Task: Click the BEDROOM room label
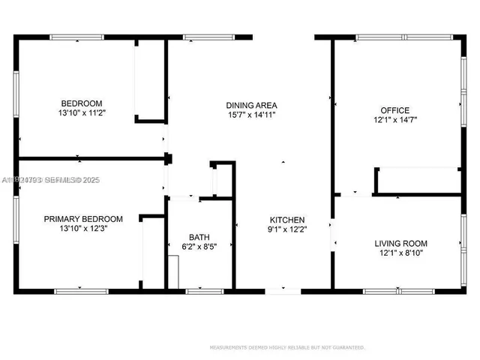coord(82,103)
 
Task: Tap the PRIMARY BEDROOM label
coord(82,219)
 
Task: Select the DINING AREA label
coord(253,105)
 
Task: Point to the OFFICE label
coord(394,110)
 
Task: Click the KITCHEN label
coord(287,220)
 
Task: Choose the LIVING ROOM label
coord(401,244)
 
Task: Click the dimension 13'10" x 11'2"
coord(82,113)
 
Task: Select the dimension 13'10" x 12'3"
coord(82,229)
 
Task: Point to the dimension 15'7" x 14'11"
coord(253,115)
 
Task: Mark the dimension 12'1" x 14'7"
coord(394,120)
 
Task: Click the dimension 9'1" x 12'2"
coord(287,229)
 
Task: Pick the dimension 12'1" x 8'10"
coord(401,253)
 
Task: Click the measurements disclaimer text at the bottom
coord(287,347)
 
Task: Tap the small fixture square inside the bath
coord(173,271)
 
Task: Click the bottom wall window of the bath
coord(199,289)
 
